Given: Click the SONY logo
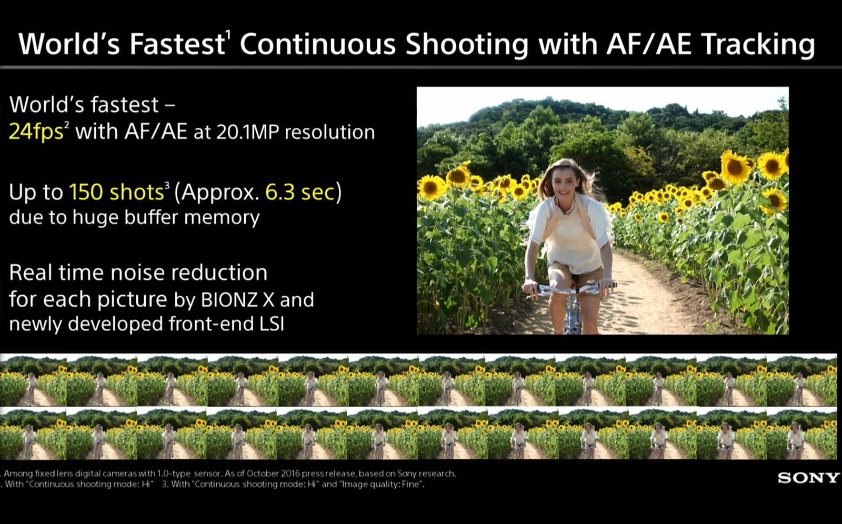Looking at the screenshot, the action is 808,478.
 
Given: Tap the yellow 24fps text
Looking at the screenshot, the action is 36,132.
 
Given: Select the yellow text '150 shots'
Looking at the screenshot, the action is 116,192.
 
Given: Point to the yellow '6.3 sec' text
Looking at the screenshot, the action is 299,192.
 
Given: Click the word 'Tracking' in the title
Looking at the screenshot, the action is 758,44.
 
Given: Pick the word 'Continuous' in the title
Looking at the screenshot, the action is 318,44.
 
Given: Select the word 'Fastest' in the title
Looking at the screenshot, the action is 177,44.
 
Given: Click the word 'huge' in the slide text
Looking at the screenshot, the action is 95,218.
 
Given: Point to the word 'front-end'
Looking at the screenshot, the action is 211,323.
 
